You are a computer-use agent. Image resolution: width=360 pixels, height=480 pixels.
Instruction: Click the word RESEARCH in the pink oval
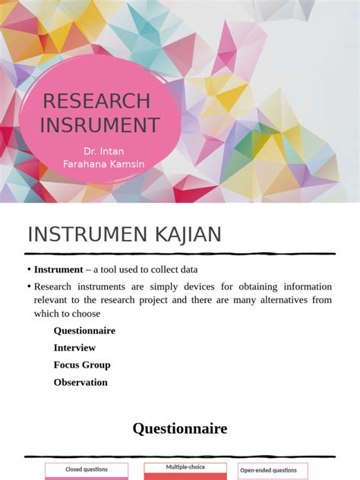96,101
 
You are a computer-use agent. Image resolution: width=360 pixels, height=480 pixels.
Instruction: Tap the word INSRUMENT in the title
99,125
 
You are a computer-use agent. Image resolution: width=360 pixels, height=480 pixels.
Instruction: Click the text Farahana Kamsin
104,165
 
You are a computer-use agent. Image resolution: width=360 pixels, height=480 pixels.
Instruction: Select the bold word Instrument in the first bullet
58,270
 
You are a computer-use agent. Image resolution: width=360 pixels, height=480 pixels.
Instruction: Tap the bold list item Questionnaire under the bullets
84,330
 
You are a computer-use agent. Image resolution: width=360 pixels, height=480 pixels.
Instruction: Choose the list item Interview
74,348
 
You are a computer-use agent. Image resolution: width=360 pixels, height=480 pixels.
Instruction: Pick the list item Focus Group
82,365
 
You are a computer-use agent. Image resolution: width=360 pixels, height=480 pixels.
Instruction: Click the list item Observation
81,382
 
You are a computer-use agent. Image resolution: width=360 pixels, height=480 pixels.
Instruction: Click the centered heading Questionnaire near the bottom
180,429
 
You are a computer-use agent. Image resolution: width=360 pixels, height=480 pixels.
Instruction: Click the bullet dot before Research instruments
29,287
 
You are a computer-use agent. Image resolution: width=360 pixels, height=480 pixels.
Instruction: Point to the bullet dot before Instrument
29,270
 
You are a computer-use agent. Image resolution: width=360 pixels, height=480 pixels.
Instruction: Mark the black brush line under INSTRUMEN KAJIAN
180,254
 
